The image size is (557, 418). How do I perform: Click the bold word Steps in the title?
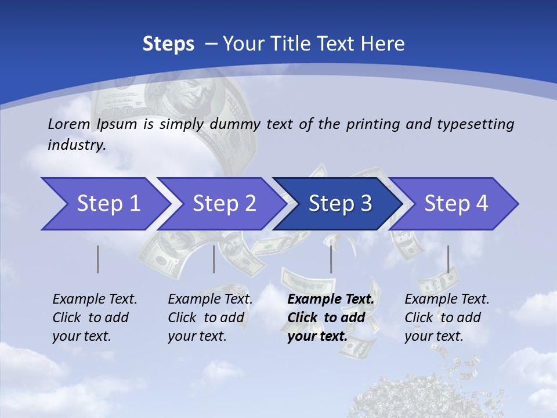(168, 44)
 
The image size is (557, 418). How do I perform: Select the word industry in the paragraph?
(76, 145)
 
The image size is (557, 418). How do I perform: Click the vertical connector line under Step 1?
(97, 259)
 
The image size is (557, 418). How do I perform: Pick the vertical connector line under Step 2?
(214, 259)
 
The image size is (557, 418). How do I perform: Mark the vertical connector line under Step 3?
(331, 259)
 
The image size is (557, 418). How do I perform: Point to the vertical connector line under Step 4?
(448, 259)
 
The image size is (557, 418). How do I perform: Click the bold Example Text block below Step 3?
(330, 318)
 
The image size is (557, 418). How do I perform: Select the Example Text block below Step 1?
(94, 318)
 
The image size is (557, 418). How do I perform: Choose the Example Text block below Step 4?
(446, 318)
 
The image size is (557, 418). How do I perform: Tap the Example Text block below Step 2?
(209, 318)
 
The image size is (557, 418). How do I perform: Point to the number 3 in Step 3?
(366, 204)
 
